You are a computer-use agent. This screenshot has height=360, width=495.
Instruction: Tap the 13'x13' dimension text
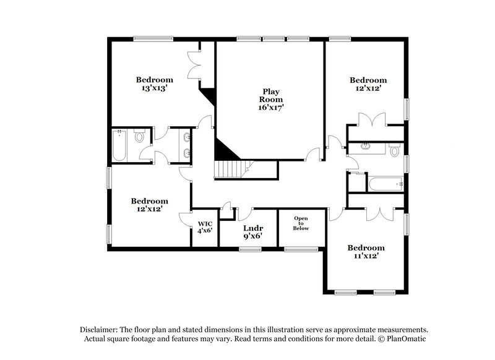pos(155,88)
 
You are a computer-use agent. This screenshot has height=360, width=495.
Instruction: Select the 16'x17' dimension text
pos(270,107)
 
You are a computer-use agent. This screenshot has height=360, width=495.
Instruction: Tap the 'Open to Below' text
pos(301,223)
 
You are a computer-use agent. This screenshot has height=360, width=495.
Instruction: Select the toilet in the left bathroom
pos(140,137)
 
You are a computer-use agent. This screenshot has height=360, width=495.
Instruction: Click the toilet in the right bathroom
pos(394,149)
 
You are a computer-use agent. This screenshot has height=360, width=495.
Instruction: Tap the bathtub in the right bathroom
pos(384,184)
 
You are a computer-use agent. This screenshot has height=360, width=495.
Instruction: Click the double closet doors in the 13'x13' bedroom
pos(194,62)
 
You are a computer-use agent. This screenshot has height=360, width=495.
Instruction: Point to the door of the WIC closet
pos(184,220)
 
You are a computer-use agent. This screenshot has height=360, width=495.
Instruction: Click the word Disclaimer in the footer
pos(101,330)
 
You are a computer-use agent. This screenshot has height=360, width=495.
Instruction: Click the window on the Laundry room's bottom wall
pos(249,249)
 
